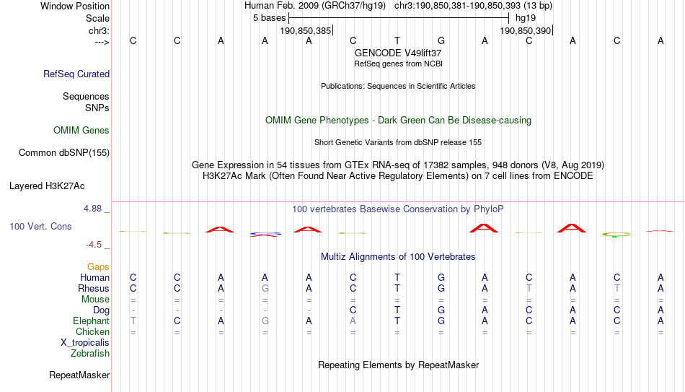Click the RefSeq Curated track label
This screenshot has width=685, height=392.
pyautogui.click(x=76, y=74)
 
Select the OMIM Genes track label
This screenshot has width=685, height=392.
pyautogui.click(x=81, y=131)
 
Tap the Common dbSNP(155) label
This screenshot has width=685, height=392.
pyautogui.click(x=64, y=153)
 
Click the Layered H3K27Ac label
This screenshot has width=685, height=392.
pyautogui.click(x=47, y=186)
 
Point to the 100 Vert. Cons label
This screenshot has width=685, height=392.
pyautogui.click(x=40, y=226)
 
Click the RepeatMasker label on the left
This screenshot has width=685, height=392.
pyautogui.click(x=79, y=375)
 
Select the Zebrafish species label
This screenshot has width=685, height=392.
pyautogui.click(x=90, y=353)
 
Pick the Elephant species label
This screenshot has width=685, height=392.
pyautogui.click(x=92, y=321)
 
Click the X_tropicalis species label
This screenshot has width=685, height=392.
pyautogui.click(x=85, y=343)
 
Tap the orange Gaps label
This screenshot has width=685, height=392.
pyautogui.click(x=98, y=266)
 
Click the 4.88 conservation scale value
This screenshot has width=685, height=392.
pyautogui.click(x=92, y=208)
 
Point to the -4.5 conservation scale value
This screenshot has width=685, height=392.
pyautogui.click(x=94, y=244)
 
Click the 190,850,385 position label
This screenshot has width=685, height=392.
pyautogui.click(x=306, y=30)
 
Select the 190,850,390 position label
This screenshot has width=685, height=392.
pyautogui.click(x=525, y=30)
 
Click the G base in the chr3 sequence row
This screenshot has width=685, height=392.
pyautogui.click(x=441, y=40)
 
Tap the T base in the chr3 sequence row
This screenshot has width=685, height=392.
pyautogui.click(x=397, y=40)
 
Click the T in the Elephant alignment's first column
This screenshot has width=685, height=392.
pyautogui.click(x=133, y=321)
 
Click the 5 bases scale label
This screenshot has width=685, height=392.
pyautogui.click(x=270, y=18)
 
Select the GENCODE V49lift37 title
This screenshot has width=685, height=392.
pyautogui.click(x=398, y=53)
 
